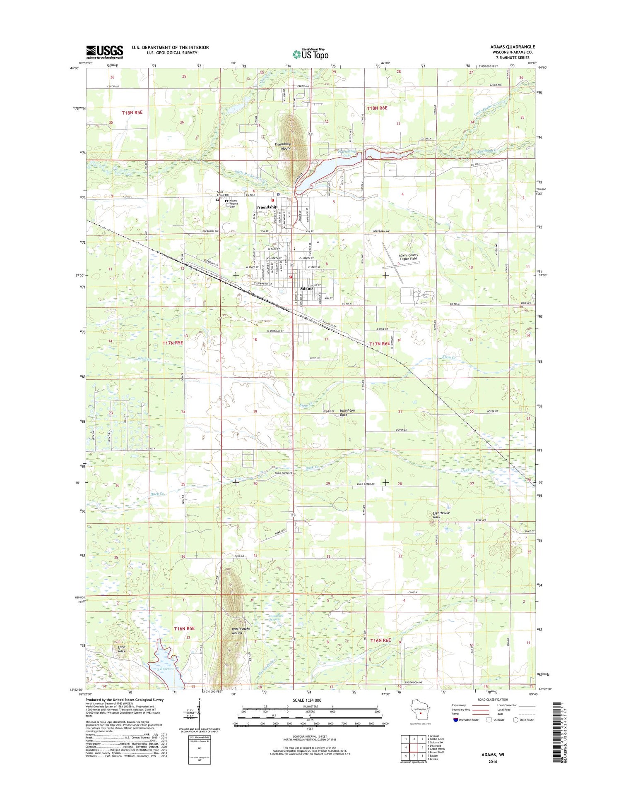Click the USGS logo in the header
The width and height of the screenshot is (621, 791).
(104, 52)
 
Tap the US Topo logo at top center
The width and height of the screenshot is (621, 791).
(310, 54)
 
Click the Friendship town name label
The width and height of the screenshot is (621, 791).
(266, 207)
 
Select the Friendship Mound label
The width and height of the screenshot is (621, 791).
(283, 146)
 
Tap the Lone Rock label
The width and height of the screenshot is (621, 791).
(121, 649)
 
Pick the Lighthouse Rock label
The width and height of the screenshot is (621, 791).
(440, 515)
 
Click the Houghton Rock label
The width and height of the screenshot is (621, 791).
(347, 412)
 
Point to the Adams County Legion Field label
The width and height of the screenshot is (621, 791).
(408, 257)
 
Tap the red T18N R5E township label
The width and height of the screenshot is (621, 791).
(132, 113)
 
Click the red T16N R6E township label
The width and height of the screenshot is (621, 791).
(380, 640)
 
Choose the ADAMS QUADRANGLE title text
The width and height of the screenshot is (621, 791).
(513, 47)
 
